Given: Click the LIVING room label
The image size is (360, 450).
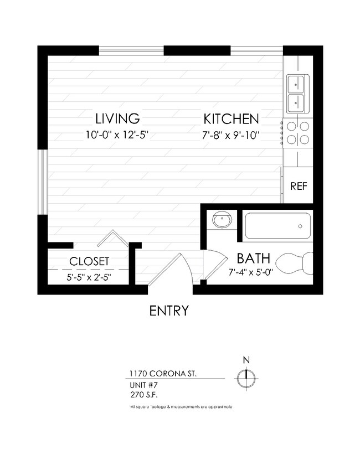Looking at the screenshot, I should pyautogui.click(x=116, y=118).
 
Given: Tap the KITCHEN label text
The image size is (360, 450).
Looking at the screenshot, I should pyautogui.click(x=231, y=118).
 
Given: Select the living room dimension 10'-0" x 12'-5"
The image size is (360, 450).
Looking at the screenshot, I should pyautogui.click(x=116, y=135).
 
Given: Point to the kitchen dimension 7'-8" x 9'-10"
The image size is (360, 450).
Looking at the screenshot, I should pyautogui.click(x=231, y=135).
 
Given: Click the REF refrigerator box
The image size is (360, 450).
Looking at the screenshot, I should pyautogui.click(x=299, y=186).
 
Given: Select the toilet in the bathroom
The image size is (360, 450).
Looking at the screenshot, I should pyautogui.click(x=295, y=263).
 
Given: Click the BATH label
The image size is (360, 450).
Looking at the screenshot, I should pyautogui.click(x=253, y=258).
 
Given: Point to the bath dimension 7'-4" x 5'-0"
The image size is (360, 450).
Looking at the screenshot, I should pyautogui.click(x=250, y=272).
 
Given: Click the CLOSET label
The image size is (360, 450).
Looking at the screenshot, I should pyautogui.click(x=89, y=261).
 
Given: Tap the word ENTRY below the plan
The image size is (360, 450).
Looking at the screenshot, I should pyautogui.click(x=169, y=311).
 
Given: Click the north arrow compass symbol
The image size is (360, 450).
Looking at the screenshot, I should pyautogui.click(x=245, y=379).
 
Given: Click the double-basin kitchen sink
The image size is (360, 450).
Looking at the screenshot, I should pyautogui.click(x=296, y=93).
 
